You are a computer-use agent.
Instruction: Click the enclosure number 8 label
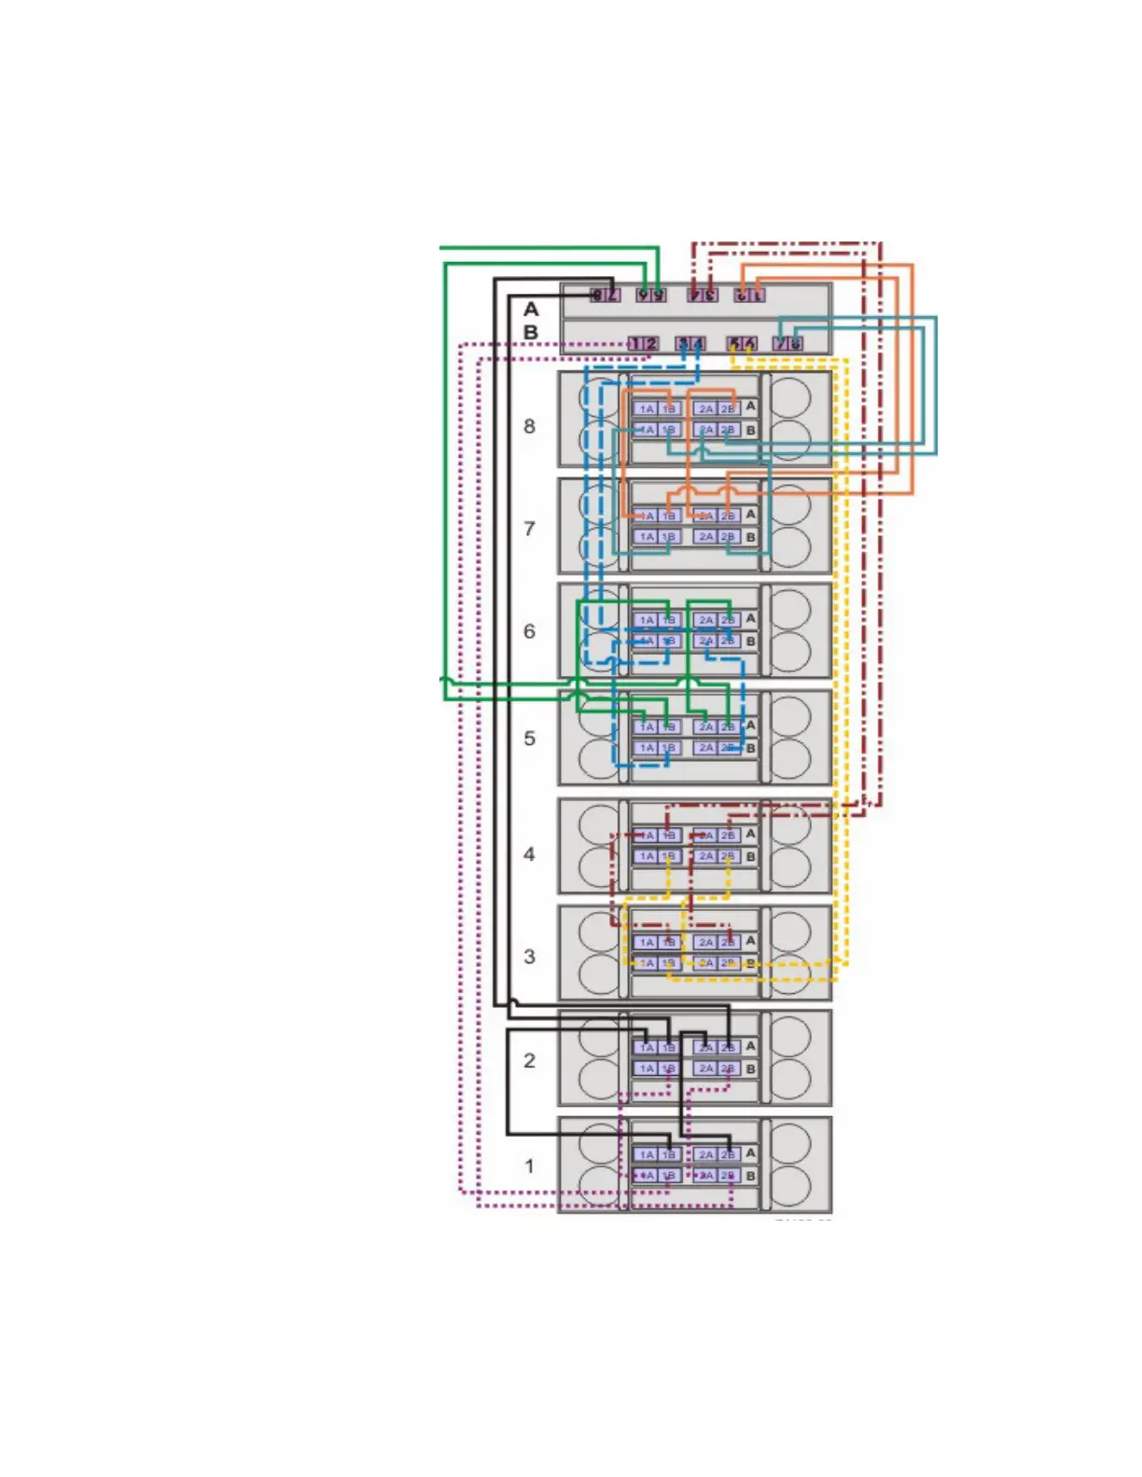coord(529,426)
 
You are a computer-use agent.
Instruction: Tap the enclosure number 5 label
coord(529,738)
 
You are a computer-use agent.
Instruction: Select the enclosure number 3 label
coord(529,957)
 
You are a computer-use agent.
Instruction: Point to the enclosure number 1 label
coord(529,1166)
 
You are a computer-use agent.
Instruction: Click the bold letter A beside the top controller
coord(531,309)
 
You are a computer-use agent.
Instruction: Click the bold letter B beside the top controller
coord(531,332)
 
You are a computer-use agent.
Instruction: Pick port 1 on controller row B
coord(634,344)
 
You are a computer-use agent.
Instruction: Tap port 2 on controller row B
coord(650,344)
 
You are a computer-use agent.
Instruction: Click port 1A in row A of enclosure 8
coord(646,409)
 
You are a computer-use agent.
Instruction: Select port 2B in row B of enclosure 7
coord(729,537)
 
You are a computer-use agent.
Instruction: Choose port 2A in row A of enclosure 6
coord(705,620)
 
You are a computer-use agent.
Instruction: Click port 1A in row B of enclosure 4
coord(646,856)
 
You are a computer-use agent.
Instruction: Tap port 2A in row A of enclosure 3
coord(705,943)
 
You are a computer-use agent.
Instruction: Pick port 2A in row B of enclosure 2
coord(705,1069)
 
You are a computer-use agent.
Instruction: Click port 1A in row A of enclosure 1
coord(646,1154)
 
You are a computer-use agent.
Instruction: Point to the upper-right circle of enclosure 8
coord(790,396)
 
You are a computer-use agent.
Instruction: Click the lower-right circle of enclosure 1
coord(790,1186)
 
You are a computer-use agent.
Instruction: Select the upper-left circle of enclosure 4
coord(598,825)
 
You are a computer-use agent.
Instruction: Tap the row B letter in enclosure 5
coord(750,749)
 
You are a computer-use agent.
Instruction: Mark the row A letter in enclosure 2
coord(750,1046)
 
